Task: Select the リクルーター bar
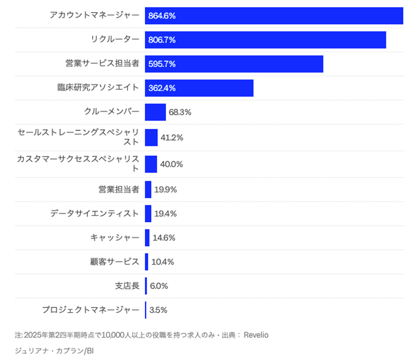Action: coord(265,40)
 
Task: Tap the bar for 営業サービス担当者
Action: coord(234,64)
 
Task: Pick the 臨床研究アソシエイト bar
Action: coord(199,88)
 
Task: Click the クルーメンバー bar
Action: coord(155,112)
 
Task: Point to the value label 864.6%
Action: coord(162,16)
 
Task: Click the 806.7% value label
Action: coord(162,40)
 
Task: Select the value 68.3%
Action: coord(180,112)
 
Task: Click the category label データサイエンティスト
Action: coord(95,214)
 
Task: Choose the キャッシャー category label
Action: coord(114,238)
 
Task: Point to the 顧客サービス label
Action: coord(114,262)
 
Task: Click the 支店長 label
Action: coord(127,286)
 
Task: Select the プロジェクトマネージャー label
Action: coord(91,310)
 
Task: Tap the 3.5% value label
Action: coord(158,310)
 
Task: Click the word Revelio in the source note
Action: coord(256,335)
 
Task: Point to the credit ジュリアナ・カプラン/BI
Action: coord(54,351)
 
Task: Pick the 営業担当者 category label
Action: coord(118,189)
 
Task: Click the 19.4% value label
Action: coord(166,214)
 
